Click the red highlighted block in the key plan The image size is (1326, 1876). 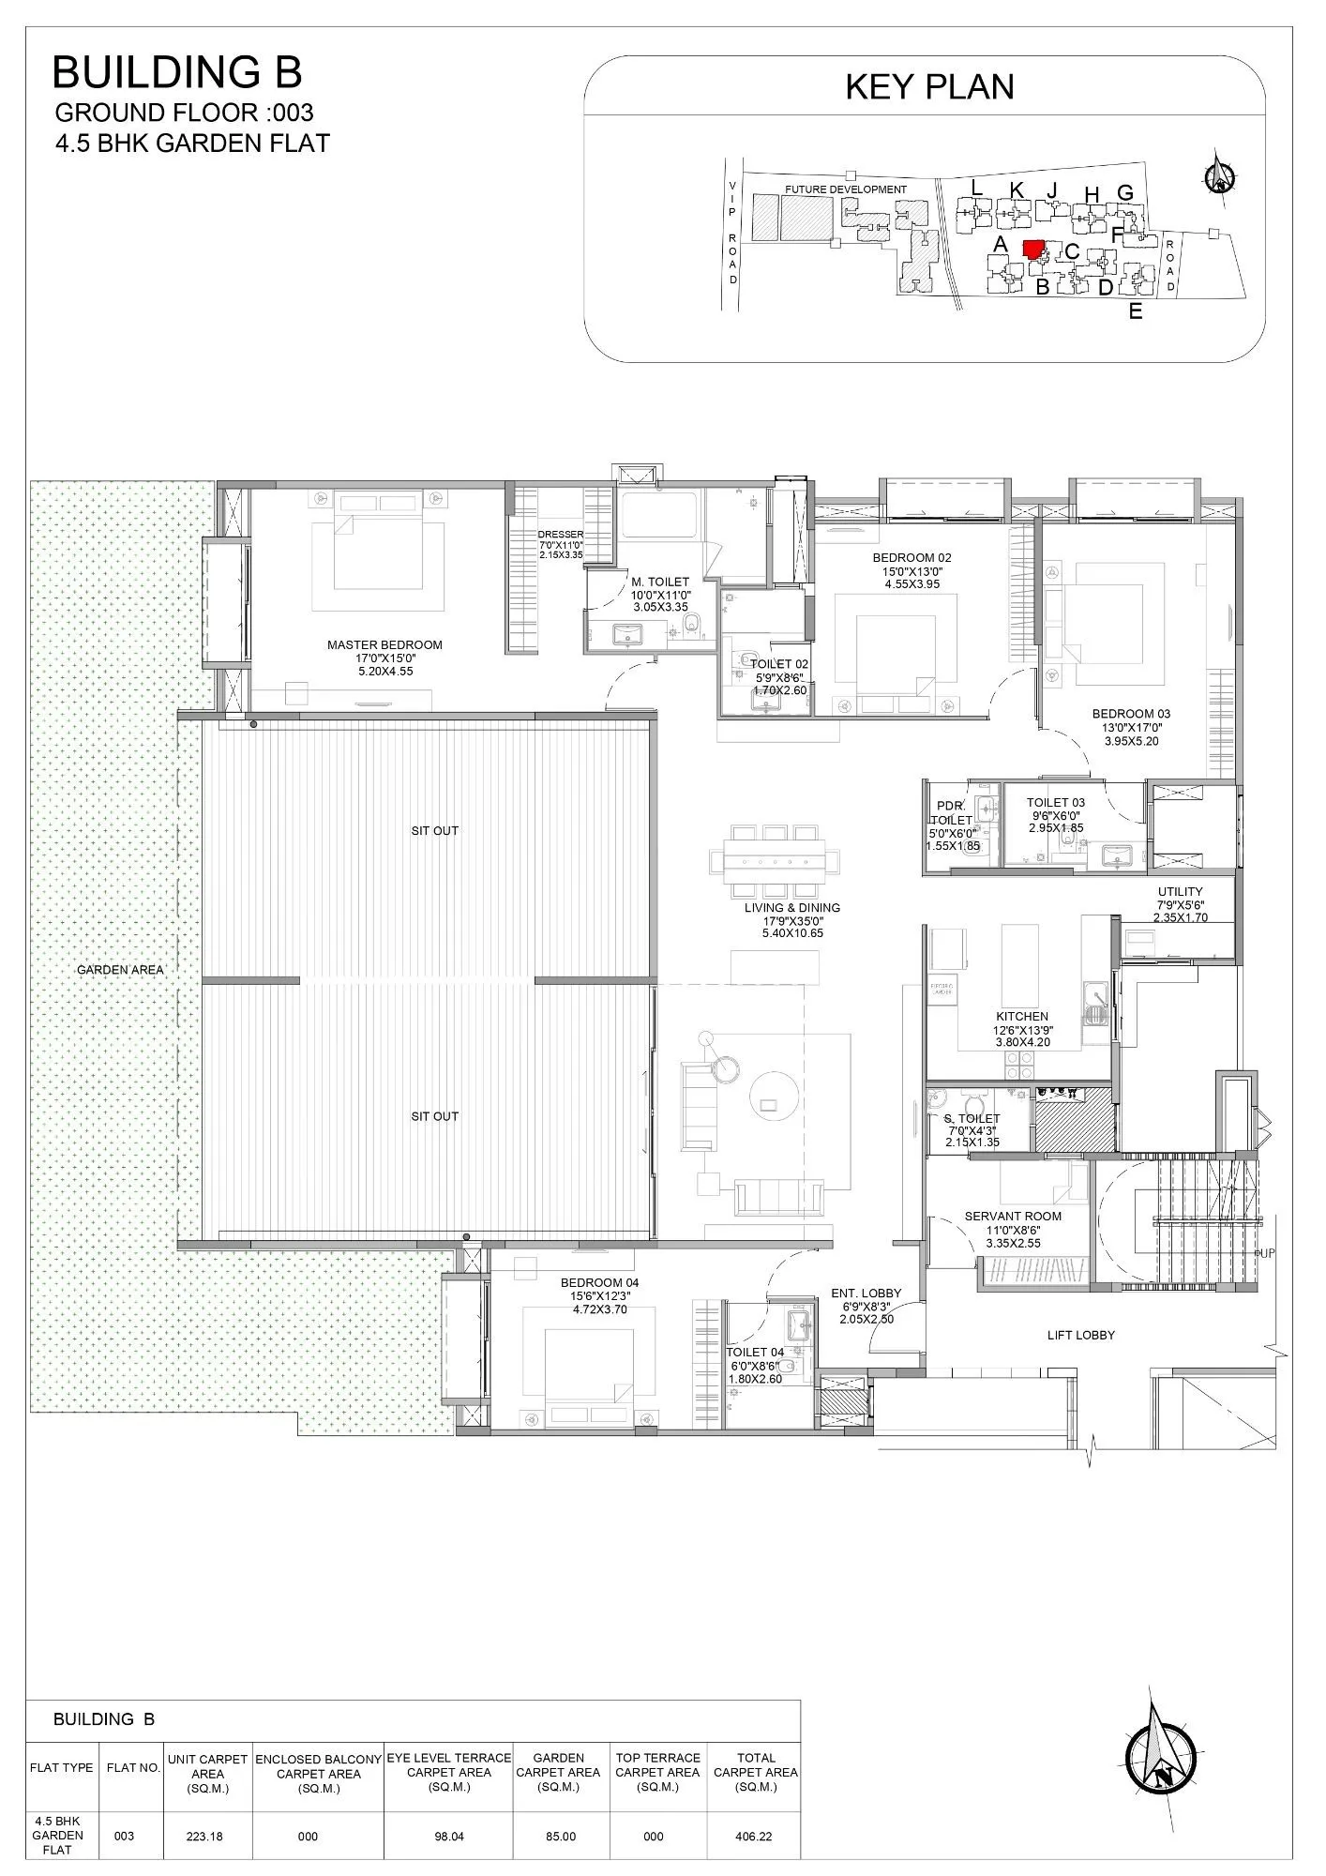point(1033,249)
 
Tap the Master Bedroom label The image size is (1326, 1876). point(384,645)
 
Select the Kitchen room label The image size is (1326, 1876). point(1022,1017)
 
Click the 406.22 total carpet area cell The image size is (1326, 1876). point(755,1837)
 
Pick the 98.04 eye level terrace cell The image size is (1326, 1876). point(449,1837)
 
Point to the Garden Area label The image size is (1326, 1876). point(120,970)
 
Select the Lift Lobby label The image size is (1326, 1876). point(1080,1335)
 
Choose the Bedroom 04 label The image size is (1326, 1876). point(599,1283)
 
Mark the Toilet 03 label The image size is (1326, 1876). point(1055,803)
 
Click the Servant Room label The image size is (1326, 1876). point(1013,1217)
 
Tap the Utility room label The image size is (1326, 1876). point(1180,892)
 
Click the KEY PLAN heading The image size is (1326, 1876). point(929,87)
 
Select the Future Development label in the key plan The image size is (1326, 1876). point(846,189)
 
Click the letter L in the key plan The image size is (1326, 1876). point(976,189)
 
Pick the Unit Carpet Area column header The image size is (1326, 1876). point(207,1774)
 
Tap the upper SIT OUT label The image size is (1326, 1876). point(434,831)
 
